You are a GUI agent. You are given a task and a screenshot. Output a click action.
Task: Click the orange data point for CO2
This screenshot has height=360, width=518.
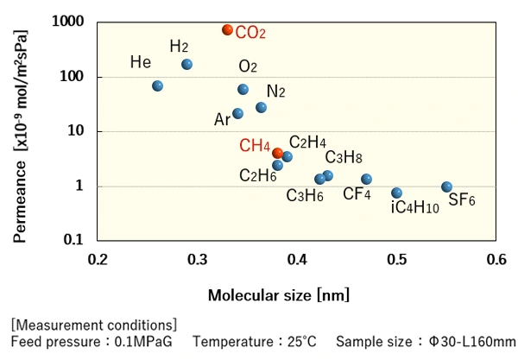point(228,29)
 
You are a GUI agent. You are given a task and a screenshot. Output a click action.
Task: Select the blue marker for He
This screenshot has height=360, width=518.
point(158,86)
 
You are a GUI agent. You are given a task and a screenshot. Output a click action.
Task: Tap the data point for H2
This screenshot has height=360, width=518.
point(187,65)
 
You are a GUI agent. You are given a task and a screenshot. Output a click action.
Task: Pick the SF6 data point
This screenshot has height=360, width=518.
point(446,186)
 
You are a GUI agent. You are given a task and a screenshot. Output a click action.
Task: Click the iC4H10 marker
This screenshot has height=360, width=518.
point(396,193)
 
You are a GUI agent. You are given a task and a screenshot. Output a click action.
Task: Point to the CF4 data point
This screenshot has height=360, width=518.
point(366,179)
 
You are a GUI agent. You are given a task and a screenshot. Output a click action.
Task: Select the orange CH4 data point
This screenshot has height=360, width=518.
point(277,153)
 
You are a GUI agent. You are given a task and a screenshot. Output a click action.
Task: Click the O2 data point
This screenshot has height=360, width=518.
point(243,89)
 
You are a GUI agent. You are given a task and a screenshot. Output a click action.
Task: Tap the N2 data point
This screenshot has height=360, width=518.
point(262,108)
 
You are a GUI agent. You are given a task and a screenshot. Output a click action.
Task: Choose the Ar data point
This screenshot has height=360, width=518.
point(238,113)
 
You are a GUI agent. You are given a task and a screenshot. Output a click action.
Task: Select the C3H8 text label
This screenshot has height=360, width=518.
point(343,157)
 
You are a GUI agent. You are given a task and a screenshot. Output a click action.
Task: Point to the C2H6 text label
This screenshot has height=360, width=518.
point(257,175)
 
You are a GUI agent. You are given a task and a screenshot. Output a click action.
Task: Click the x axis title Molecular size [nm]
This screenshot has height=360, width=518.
point(278,295)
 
